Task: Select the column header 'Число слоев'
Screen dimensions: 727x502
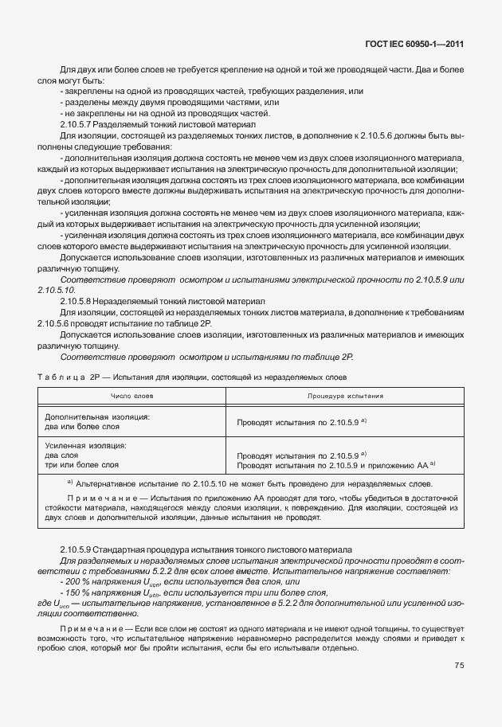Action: [x=132, y=395]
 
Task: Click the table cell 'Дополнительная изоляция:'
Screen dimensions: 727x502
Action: [x=96, y=416]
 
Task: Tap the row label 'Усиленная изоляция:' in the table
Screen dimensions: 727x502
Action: [x=86, y=446]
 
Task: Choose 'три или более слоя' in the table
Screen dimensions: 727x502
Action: [x=82, y=464]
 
